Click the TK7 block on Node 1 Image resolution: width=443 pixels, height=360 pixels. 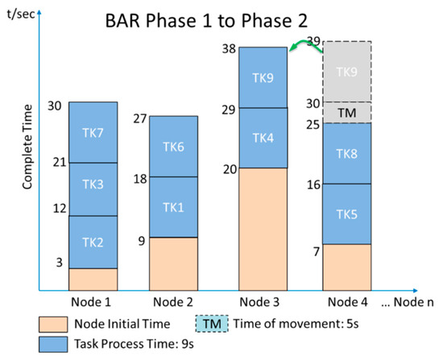click(x=93, y=132)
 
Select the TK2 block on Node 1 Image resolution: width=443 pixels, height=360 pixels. click(x=93, y=242)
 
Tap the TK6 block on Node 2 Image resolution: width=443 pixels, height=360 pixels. click(x=173, y=147)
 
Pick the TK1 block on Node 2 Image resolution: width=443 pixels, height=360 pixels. click(x=173, y=207)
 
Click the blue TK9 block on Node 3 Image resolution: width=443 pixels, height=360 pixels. click(x=263, y=77)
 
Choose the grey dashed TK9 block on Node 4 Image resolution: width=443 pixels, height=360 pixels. click(x=347, y=72)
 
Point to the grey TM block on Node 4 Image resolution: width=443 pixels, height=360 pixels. click(x=347, y=113)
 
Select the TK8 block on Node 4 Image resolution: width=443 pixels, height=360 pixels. click(x=347, y=154)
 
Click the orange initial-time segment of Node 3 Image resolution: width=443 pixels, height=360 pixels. click(x=263, y=230)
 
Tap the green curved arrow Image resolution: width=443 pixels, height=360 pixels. click(x=305, y=43)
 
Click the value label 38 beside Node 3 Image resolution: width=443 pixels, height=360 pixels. click(x=229, y=49)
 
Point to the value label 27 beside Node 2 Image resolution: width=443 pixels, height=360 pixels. click(x=140, y=118)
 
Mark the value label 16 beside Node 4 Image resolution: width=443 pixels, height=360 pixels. click(x=313, y=184)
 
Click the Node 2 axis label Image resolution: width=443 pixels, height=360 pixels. click(x=173, y=302)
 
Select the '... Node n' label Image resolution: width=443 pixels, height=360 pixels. click(x=408, y=302)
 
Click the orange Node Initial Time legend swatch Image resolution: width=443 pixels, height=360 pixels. click(x=53, y=325)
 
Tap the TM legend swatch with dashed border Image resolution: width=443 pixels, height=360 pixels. click(x=212, y=324)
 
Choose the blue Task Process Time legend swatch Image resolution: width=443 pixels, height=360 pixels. click(x=53, y=345)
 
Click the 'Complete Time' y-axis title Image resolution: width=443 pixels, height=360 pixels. click(x=27, y=147)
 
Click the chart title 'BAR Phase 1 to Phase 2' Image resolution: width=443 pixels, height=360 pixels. click(x=206, y=21)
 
